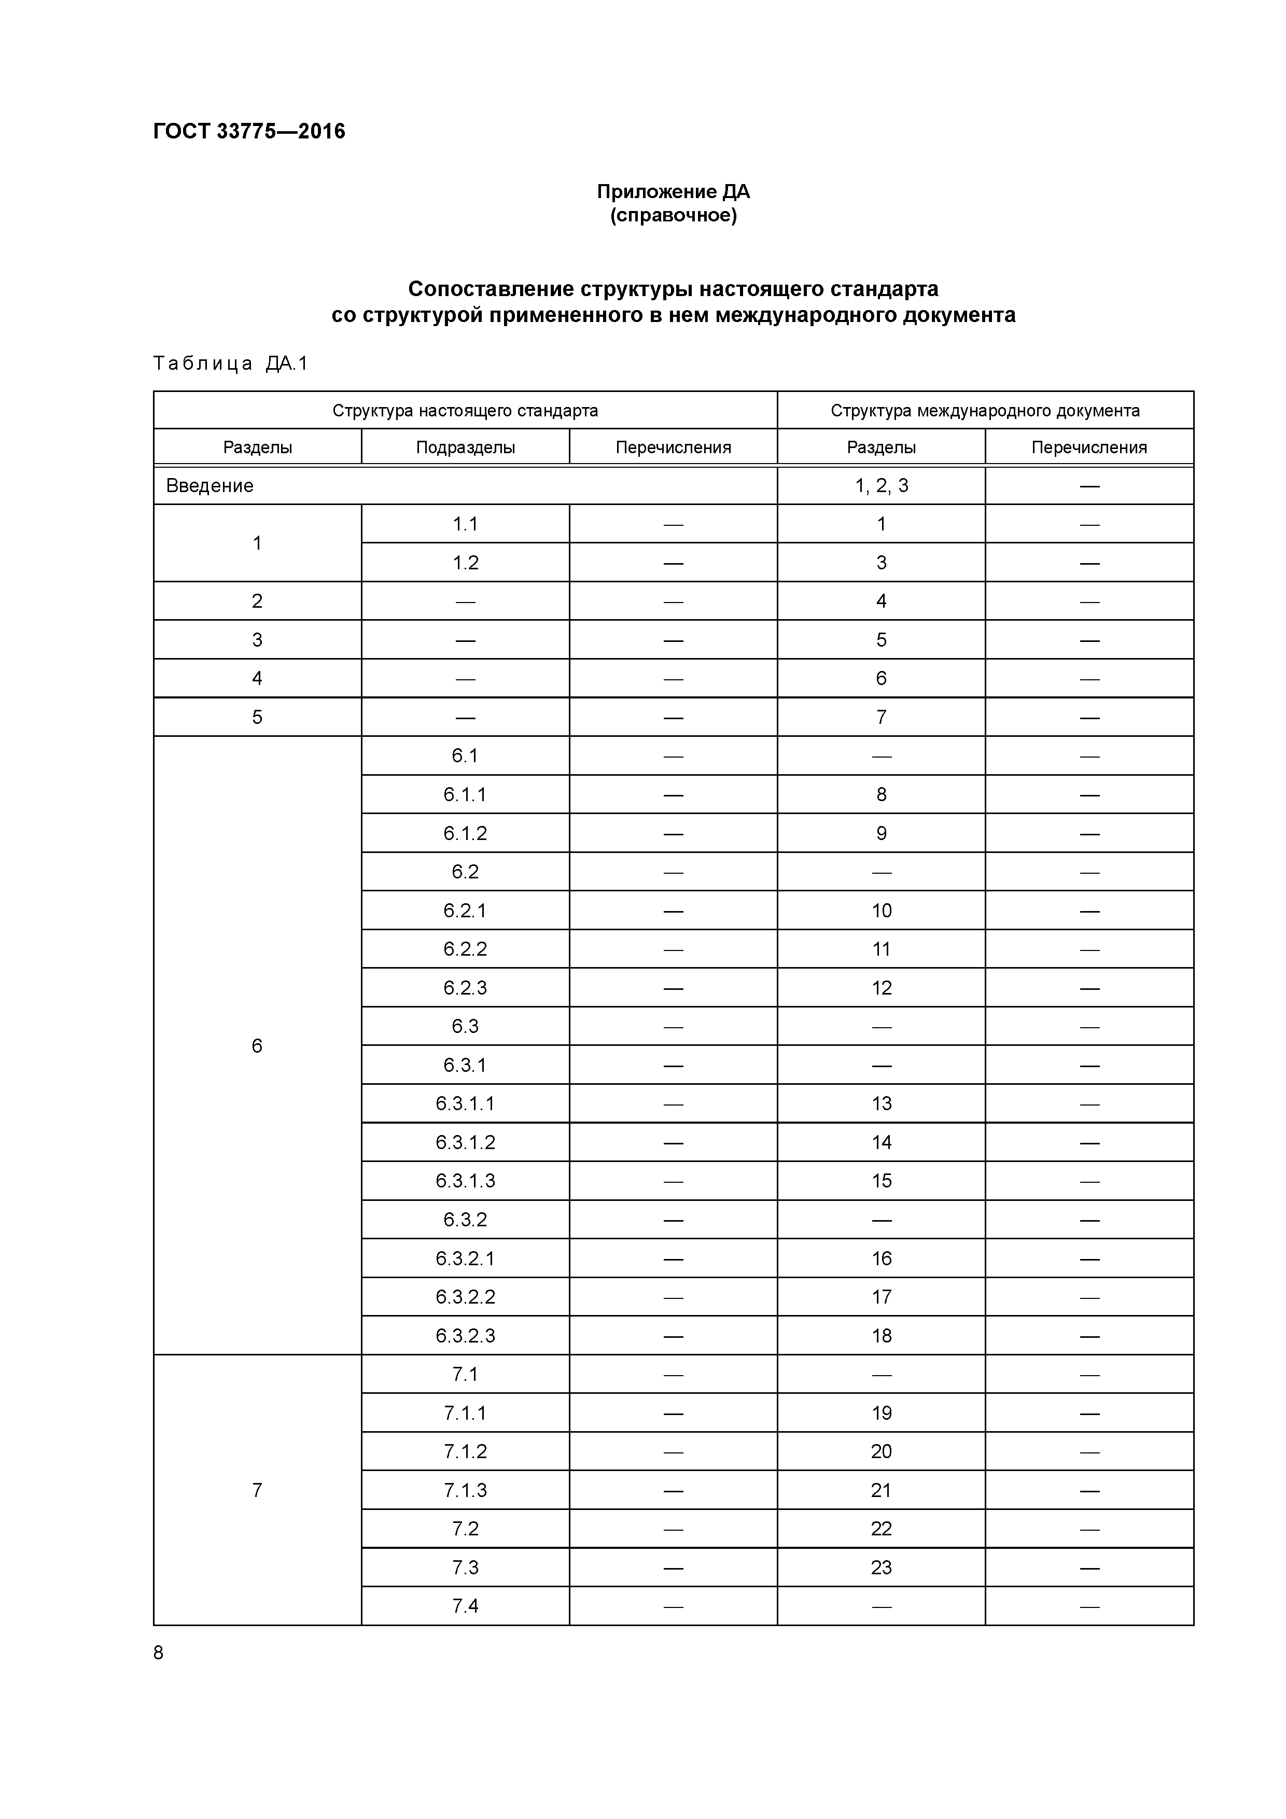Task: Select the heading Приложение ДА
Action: (x=673, y=192)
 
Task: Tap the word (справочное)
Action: (x=673, y=216)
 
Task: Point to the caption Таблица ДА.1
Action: (x=231, y=363)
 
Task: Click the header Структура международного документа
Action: (x=985, y=410)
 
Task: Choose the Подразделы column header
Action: (x=465, y=447)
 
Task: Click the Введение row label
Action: (x=210, y=486)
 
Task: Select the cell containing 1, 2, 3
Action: (x=881, y=486)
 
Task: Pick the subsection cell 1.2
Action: (x=465, y=563)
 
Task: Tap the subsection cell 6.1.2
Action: (x=465, y=833)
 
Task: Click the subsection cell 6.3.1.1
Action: (x=465, y=1103)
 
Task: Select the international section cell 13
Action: (x=881, y=1103)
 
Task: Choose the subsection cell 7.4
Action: (x=465, y=1606)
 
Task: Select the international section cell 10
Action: (x=881, y=911)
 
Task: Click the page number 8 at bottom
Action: (x=159, y=1653)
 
